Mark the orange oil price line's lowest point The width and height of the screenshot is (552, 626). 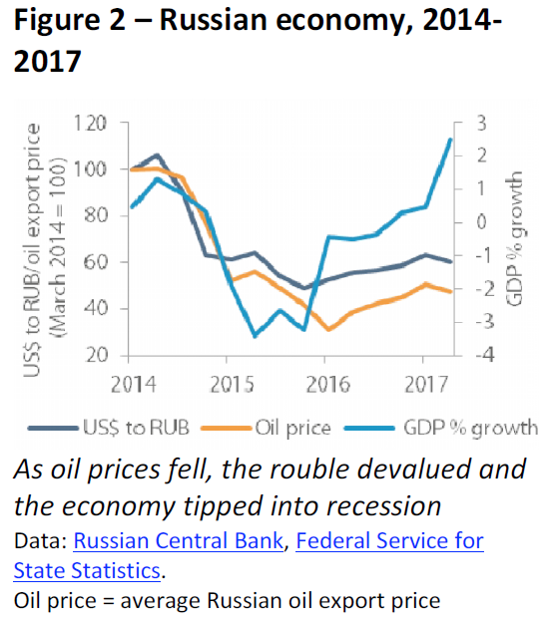click(x=328, y=329)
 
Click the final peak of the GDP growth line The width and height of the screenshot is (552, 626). click(x=450, y=139)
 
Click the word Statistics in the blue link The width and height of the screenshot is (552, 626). click(x=110, y=571)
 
